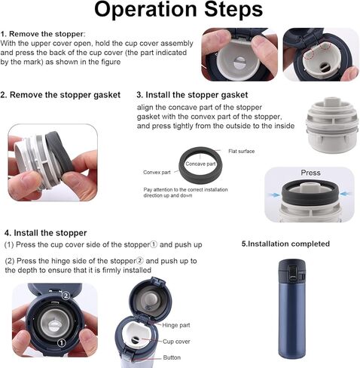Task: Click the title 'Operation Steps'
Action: click(178, 10)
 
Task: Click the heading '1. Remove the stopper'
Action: click(42, 34)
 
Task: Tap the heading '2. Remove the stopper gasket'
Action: click(60, 95)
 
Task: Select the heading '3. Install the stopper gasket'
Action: click(192, 95)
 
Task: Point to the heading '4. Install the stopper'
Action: click(45, 233)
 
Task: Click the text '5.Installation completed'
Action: click(285, 244)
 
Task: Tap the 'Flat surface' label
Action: click(241, 151)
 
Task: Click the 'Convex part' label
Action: click(157, 172)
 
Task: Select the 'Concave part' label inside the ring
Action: click(200, 164)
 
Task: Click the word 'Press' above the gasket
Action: click(310, 173)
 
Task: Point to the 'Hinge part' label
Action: click(176, 325)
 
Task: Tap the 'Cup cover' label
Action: click(176, 342)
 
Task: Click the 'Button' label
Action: click(172, 357)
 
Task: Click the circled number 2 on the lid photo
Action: click(66, 296)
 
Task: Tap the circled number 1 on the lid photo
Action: click(62, 342)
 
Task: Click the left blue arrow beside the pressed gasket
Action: click(274, 195)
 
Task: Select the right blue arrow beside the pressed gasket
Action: click(345, 194)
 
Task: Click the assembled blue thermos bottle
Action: click(292, 308)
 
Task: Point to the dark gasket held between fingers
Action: click(59, 154)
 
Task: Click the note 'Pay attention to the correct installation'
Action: click(185, 189)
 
